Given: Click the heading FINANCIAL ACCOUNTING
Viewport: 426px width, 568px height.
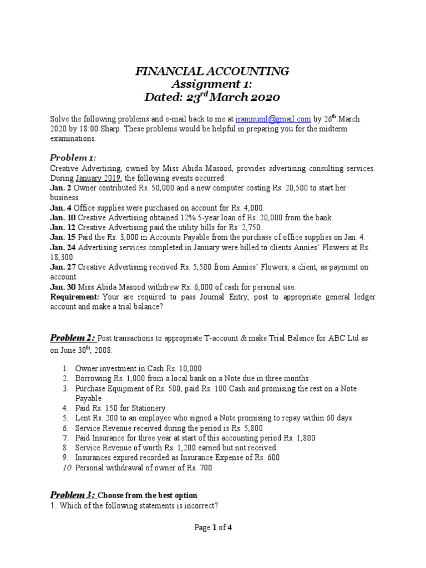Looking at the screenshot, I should tap(212, 71).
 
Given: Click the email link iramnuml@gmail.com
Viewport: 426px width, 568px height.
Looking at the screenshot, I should tap(273, 119).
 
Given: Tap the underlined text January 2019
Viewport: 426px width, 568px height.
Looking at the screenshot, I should tap(101, 178).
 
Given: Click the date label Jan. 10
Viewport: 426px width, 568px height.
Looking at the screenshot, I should tap(63, 217).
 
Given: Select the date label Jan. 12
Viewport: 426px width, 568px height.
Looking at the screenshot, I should tap(63, 227).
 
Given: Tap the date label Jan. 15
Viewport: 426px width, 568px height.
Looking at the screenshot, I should tap(63, 237).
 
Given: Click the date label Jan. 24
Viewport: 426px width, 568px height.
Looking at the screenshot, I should tap(63, 247).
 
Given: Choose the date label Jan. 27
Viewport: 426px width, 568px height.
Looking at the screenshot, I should tap(63, 267).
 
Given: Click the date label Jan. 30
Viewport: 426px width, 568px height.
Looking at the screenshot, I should tap(63, 287).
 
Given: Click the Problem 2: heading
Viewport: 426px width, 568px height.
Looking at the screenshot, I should tap(73, 337).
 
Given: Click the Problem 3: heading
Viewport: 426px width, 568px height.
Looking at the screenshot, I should tap(73, 495).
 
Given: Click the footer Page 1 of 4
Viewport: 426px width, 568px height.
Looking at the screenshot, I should tap(212, 528).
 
